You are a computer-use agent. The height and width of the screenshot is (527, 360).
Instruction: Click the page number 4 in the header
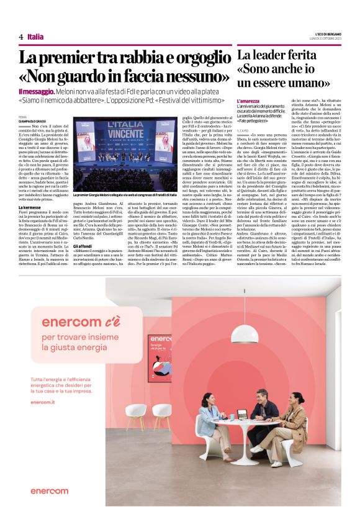click(20, 37)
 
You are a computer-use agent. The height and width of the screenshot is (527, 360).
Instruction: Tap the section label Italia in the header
click(35, 37)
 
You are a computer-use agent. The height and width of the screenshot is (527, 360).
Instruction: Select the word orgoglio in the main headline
click(194, 60)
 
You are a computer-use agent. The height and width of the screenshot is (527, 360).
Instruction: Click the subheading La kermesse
click(30, 207)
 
